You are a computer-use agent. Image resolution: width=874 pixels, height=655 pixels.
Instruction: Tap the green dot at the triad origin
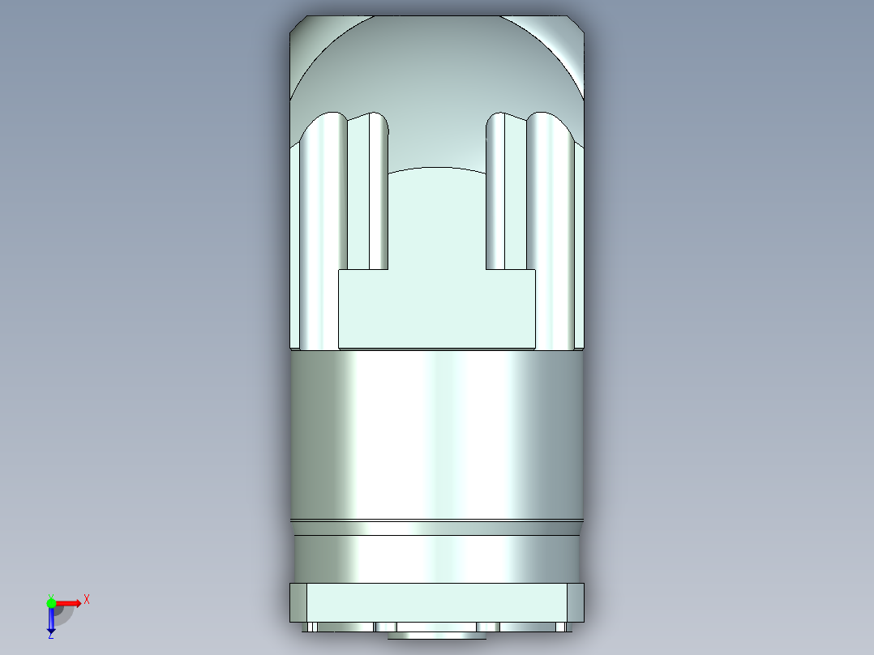tap(51, 602)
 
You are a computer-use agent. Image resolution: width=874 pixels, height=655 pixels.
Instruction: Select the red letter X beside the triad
tap(87, 599)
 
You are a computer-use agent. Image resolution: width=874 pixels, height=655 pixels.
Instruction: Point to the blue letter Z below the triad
tap(50, 636)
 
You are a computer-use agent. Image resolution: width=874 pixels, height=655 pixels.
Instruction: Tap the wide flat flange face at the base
tap(437, 602)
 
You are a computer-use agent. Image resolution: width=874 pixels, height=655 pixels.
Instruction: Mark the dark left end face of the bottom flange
tap(298, 602)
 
